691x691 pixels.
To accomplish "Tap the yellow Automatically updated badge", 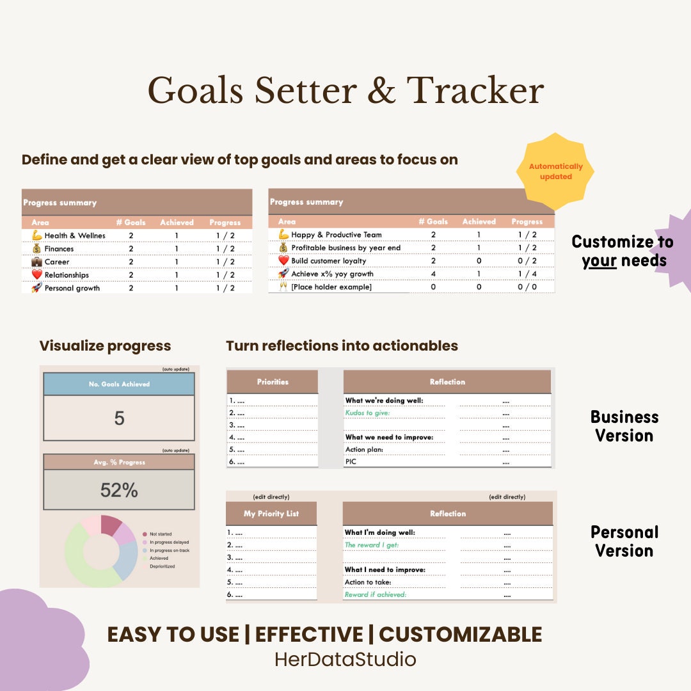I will tap(555, 171).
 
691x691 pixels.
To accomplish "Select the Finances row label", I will tap(59, 249).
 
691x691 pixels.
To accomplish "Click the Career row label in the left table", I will tap(57, 262).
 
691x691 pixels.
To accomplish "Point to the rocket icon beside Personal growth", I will tap(36, 288).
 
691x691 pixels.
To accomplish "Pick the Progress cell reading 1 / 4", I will tap(527, 274).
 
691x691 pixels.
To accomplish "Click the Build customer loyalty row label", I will tap(328, 261).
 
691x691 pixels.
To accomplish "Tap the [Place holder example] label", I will tap(331, 287).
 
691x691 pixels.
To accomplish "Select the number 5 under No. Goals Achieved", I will tap(119, 418).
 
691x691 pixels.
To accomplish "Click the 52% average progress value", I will tap(119, 490).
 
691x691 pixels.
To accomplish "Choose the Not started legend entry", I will tap(160, 534).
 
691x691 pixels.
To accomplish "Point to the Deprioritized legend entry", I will tap(162, 566).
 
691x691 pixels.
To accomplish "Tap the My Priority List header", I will tap(271, 514).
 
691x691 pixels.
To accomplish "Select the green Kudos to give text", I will tap(367, 413).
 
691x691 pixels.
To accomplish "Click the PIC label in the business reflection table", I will tap(351, 461).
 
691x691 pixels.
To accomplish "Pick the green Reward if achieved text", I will tap(375, 594).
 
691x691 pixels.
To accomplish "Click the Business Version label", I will tap(624, 426).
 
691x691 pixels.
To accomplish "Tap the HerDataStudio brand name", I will tap(345, 659).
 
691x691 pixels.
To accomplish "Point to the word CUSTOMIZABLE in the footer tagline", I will tap(460, 634).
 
